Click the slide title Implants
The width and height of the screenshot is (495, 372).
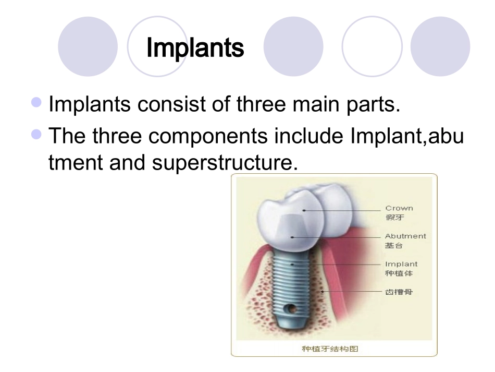tap(195, 48)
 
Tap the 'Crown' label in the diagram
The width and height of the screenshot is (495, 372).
tap(399, 208)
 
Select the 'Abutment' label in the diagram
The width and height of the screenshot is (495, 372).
tap(405, 236)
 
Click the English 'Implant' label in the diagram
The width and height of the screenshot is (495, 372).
tap(401, 264)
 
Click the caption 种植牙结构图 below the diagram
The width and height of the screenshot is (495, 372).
tap(334, 349)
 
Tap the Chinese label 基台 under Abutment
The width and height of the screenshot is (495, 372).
tap(395, 245)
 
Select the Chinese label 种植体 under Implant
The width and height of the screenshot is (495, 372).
tap(397, 273)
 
